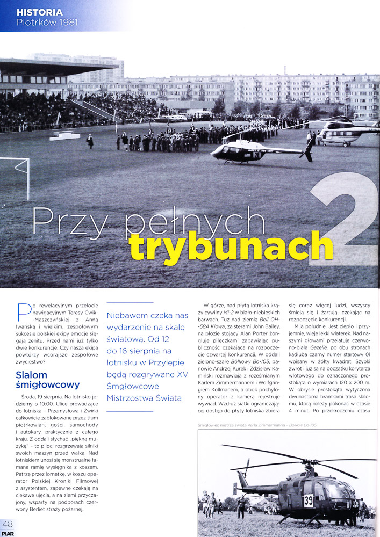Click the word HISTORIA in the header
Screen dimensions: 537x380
[39, 12]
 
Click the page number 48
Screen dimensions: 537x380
[8, 524]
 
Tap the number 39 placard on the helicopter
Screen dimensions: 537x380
[309, 500]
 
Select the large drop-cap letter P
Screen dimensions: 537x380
[23, 311]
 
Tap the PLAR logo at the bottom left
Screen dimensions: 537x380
[8, 533]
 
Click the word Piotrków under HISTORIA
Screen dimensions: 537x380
[35, 22]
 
